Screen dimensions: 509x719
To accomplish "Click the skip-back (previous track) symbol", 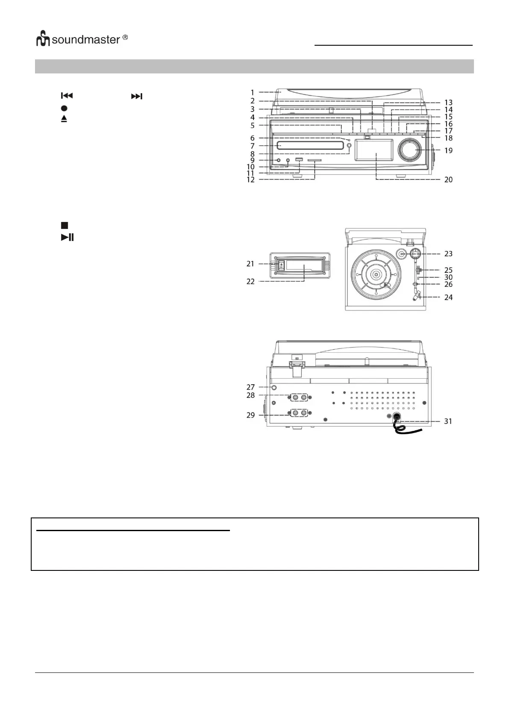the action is [x=67, y=96].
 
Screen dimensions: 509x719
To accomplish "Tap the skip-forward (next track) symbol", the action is [x=136, y=96].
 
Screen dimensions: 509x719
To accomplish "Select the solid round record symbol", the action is [x=64, y=108].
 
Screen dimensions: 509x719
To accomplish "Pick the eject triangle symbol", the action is [x=64, y=119].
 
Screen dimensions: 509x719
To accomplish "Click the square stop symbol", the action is [x=64, y=225].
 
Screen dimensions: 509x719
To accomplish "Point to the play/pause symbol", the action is [x=67, y=237].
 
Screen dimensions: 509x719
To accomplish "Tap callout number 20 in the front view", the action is [x=448, y=180].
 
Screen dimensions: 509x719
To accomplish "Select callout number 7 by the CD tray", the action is [x=253, y=146].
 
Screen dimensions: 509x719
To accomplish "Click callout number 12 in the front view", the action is [x=251, y=180].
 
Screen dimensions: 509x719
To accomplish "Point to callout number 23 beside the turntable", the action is [x=448, y=254].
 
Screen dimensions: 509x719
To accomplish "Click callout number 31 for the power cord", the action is [x=448, y=421].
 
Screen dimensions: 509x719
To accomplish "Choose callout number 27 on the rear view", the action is [x=250, y=387].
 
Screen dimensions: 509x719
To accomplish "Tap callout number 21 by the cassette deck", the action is [x=250, y=264].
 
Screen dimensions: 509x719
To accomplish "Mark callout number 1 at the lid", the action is [x=253, y=92].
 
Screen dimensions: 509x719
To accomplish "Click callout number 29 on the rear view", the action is [x=250, y=415].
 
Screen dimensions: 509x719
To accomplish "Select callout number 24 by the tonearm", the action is [x=448, y=297].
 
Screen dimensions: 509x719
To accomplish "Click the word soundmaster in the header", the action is [x=86, y=40].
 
